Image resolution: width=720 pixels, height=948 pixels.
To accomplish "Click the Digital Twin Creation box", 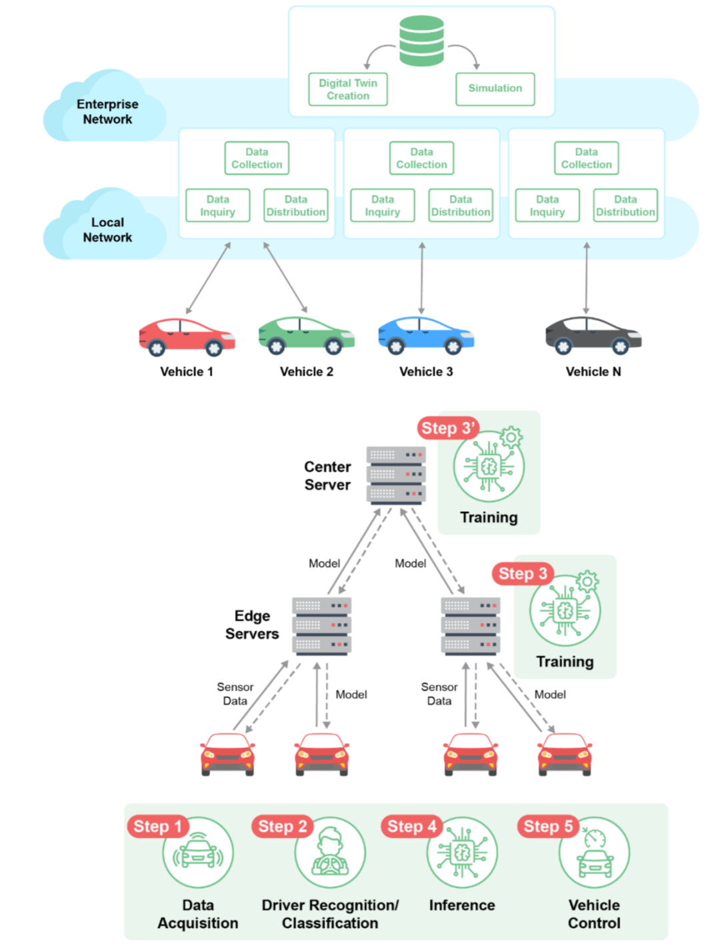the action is tap(348, 89).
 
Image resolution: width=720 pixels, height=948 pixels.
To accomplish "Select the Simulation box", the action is tap(495, 89).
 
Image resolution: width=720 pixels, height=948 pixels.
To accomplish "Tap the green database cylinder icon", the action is tap(421, 41).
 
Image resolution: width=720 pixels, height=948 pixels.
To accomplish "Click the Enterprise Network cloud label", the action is tap(107, 111).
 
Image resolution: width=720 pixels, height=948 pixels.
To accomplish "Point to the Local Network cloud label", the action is tap(107, 229).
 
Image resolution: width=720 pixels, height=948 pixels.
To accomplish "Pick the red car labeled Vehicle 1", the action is tap(187, 337).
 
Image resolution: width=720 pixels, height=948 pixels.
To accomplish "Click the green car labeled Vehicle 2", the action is tap(306, 336).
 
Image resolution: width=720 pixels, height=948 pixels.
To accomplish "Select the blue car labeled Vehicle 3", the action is tap(426, 336).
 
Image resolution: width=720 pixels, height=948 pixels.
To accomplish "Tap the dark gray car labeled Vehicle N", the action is tap(593, 336).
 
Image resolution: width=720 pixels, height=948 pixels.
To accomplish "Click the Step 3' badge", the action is tap(448, 428).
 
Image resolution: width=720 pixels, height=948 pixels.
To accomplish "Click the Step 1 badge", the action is tap(157, 826).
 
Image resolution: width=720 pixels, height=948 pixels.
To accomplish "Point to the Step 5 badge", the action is tap(548, 826).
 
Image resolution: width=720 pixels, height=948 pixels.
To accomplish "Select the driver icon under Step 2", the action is tap(330, 852).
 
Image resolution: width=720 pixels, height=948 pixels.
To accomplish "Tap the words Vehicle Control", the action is tap(594, 914).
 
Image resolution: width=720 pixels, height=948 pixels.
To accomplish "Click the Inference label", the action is tap(462, 905).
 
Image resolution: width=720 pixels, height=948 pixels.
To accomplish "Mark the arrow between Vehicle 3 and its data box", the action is tap(421, 278).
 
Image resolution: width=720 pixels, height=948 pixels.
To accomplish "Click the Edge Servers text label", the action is tap(252, 624).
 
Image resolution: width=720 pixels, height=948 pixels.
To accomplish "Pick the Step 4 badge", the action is tap(412, 826).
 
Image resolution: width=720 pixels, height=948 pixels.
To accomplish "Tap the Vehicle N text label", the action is tap(593, 372).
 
